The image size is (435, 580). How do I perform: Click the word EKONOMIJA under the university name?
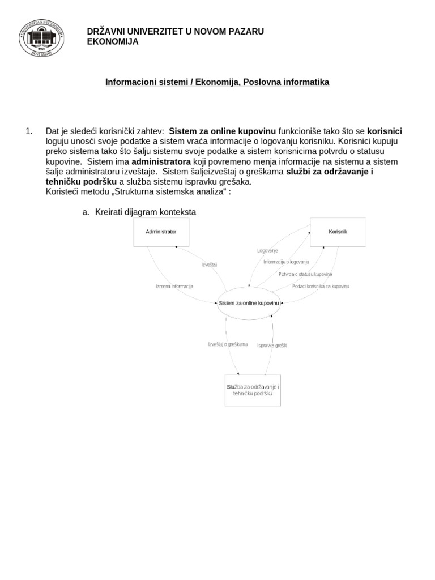(x=112, y=41)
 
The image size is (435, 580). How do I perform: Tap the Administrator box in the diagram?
(x=161, y=232)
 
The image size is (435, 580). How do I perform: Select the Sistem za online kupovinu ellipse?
(x=249, y=304)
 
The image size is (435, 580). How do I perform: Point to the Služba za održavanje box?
(x=253, y=390)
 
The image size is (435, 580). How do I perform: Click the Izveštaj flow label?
(x=209, y=265)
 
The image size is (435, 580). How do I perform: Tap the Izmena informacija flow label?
(x=174, y=286)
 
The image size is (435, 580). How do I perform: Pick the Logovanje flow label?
(x=267, y=250)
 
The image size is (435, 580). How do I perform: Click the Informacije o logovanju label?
(x=286, y=262)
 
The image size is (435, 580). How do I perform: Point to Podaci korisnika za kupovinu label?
(x=321, y=286)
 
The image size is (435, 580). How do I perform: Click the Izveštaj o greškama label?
(x=228, y=344)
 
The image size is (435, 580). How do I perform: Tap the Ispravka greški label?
(x=272, y=346)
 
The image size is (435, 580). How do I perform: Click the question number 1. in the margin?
(x=29, y=131)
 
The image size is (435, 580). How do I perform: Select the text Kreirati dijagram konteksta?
(x=145, y=212)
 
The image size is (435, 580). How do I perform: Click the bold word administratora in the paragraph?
(x=161, y=161)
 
